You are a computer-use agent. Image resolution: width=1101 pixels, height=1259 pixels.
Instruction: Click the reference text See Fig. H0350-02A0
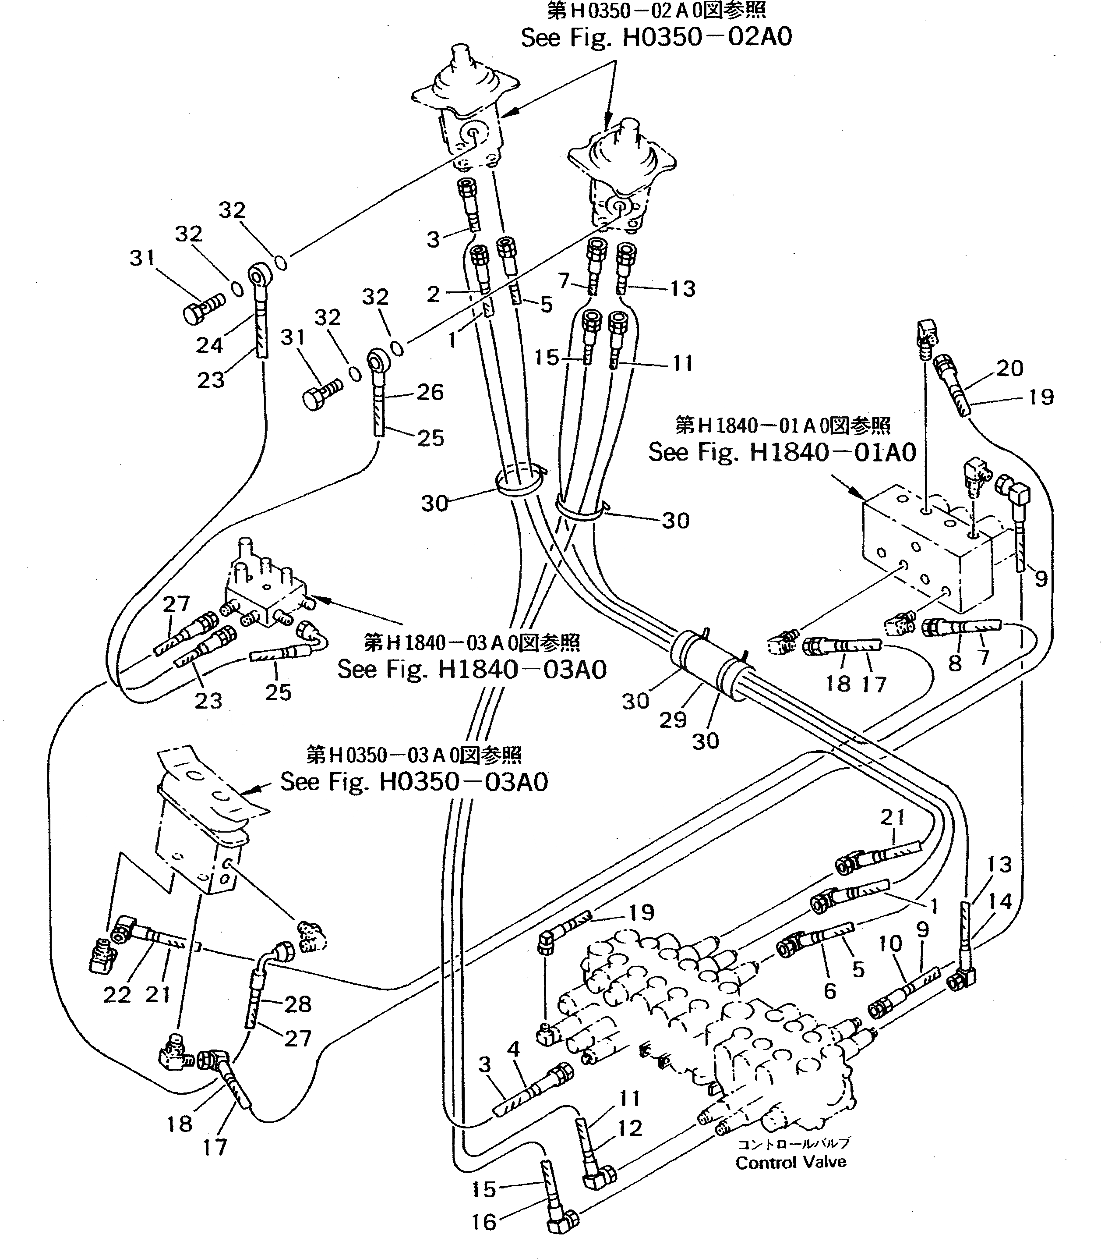point(656,38)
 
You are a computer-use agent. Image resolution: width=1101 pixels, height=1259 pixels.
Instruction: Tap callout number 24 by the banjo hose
point(209,345)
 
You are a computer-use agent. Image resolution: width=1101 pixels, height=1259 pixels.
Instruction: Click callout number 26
point(430,392)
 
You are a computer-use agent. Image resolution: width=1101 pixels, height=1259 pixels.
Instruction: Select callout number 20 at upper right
point(1009,368)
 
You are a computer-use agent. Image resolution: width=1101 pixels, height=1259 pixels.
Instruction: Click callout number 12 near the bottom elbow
point(630,1128)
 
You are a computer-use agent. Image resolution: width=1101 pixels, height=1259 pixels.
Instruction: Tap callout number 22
point(117,995)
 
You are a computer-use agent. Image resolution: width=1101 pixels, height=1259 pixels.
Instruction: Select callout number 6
point(829,990)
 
